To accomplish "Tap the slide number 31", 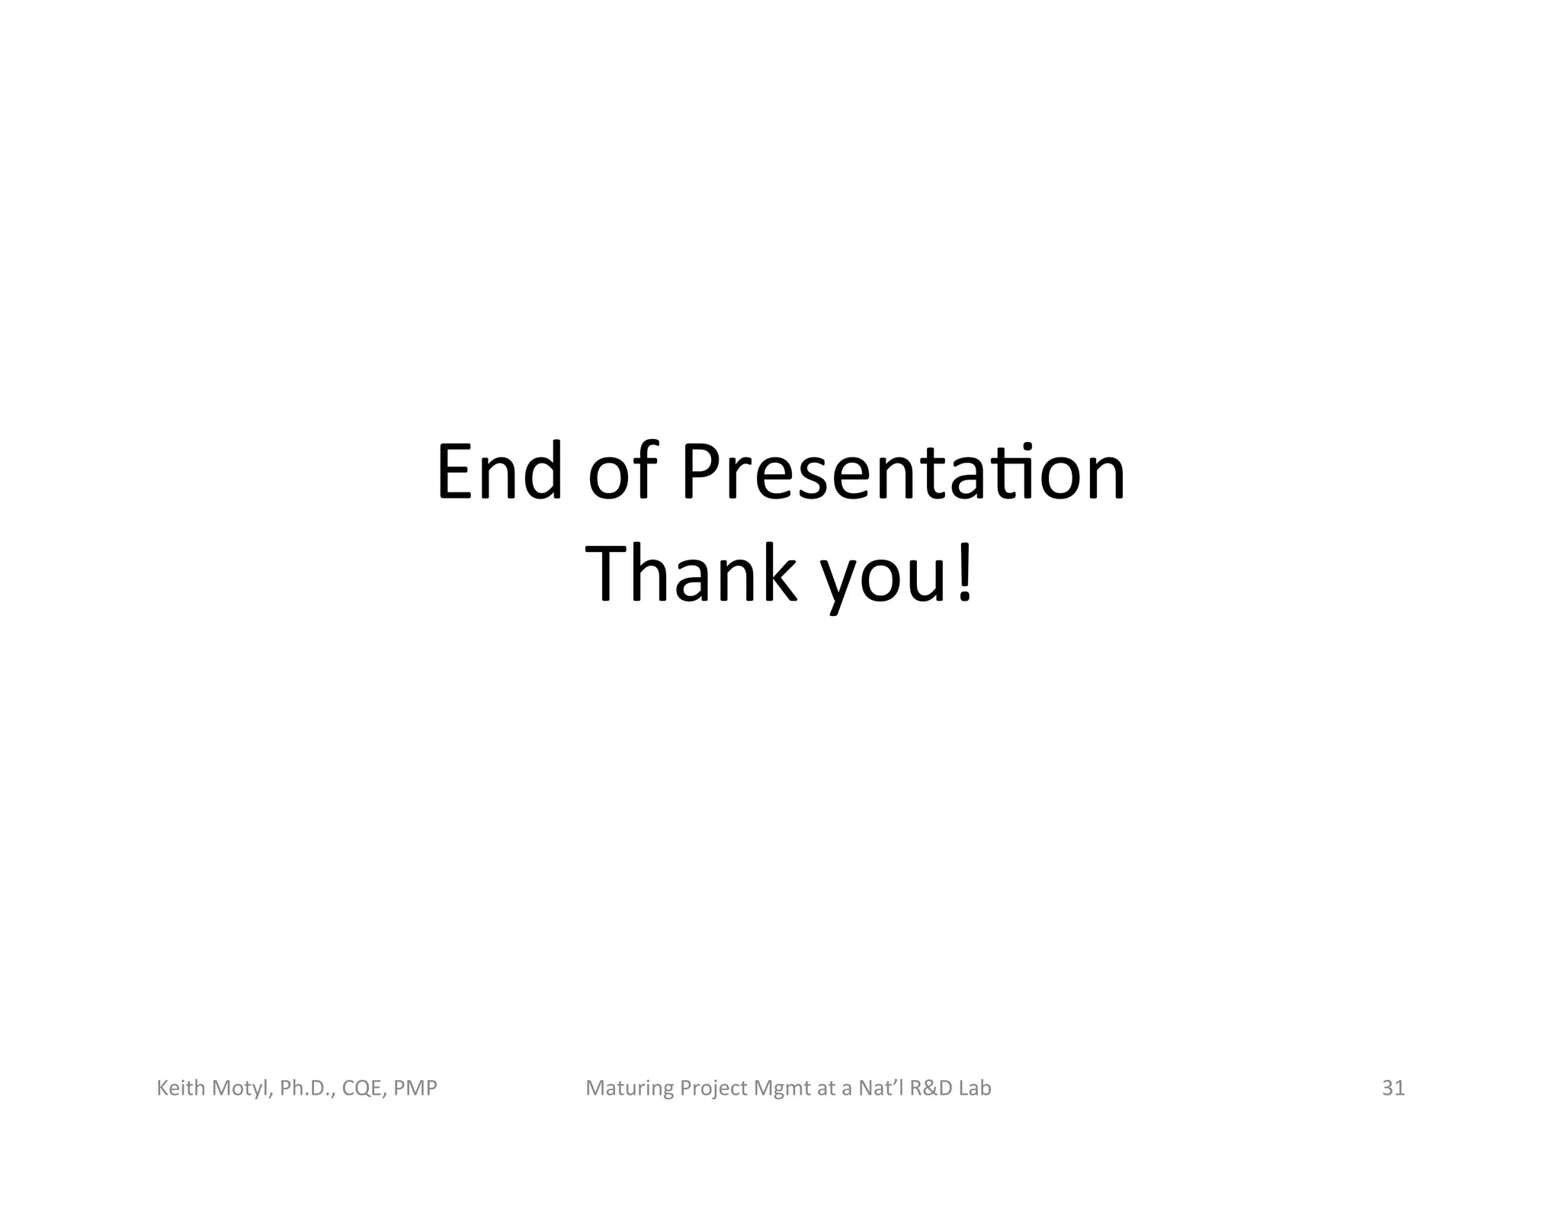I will coord(1393,1088).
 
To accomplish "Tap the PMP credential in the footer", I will coord(415,1088).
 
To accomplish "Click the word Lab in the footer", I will coord(975,1088).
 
